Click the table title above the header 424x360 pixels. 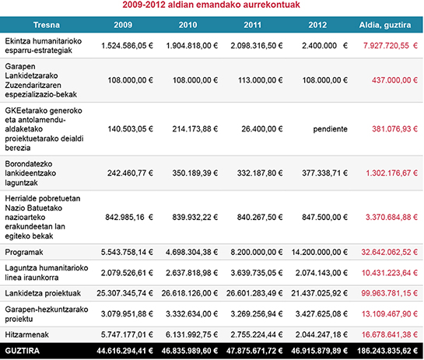click(x=212, y=8)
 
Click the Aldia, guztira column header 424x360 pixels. click(x=387, y=26)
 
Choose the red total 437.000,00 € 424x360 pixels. click(x=393, y=79)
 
